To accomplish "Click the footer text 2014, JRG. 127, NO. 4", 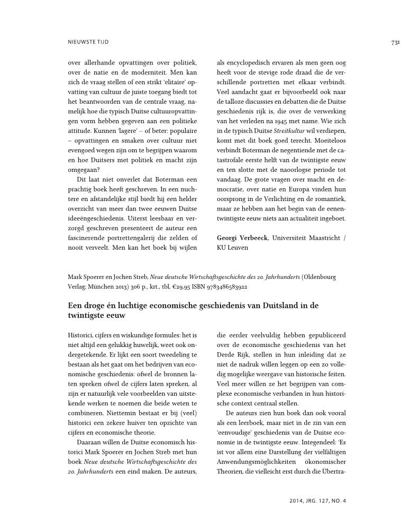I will [317, 500].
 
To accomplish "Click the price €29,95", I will [175, 287].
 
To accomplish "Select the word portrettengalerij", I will [138, 238].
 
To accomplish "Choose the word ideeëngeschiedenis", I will [98, 217].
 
